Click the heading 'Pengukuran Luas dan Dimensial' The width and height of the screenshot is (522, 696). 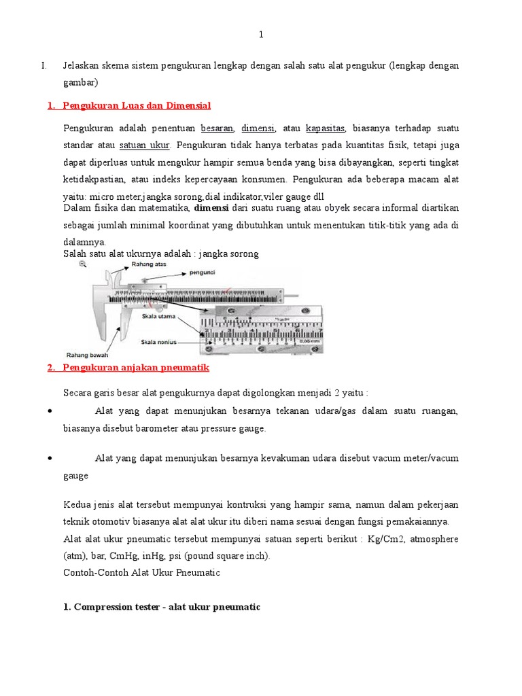coord(136,105)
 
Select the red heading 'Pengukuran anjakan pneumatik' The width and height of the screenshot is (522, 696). coord(135,367)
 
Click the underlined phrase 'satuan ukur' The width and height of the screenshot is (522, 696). coord(144,145)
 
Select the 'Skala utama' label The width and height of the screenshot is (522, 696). coord(158,317)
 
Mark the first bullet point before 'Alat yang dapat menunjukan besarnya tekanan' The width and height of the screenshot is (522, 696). coord(52,412)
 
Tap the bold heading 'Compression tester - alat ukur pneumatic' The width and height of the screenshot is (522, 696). coord(162,606)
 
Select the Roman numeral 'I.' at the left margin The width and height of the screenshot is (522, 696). coord(43,66)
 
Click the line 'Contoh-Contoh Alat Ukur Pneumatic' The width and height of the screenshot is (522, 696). coord(141,573)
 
